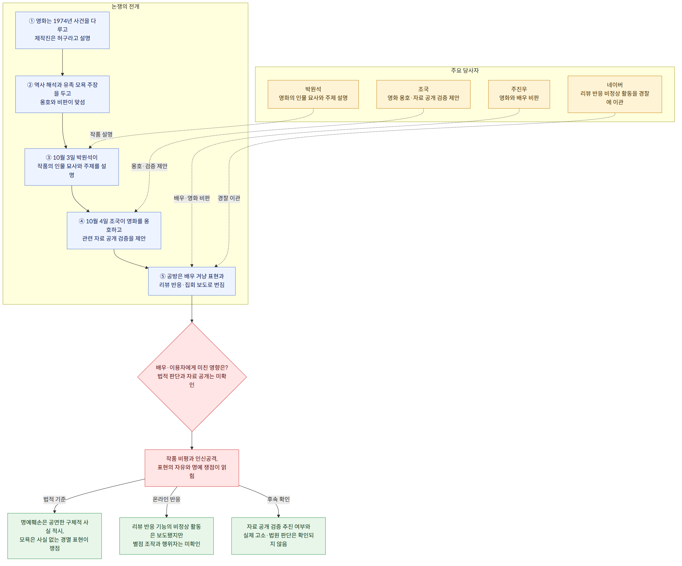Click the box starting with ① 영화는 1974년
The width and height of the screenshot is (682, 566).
[x=62, y=30]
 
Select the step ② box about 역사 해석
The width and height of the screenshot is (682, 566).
[x=62, y=94]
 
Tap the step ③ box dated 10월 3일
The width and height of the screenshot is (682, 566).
[x=72, y=167]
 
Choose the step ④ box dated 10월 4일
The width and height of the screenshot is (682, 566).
[x=114, y=231]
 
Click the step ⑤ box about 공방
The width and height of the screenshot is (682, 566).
[x=192, y=281]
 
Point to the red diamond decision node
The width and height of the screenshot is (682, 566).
[x=192, y=377]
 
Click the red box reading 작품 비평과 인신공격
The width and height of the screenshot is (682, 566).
[x=192, y=468]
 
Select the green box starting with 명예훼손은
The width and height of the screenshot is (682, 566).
[x=54, y=536]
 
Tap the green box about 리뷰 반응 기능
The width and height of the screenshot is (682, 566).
[x=166, y=536]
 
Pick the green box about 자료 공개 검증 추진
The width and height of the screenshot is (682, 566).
[x=279, y=536]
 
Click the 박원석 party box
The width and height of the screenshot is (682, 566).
[x=313, y=94]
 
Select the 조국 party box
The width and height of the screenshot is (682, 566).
[x=423, y=94]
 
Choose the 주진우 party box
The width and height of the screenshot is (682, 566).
[x=519, y=94]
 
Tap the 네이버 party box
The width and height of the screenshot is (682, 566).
[x=615, y=94]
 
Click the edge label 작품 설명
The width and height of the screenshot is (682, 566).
[x=101, y=135]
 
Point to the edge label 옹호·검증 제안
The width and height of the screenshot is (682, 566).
[x=149, y=166]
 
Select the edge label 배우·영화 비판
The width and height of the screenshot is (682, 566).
[x=192, y=198]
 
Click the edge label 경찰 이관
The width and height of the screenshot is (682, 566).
[x=229, y=198]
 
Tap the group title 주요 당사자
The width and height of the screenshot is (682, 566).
[x=465, y=71]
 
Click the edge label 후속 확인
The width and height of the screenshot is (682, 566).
[x=279, y=499]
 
